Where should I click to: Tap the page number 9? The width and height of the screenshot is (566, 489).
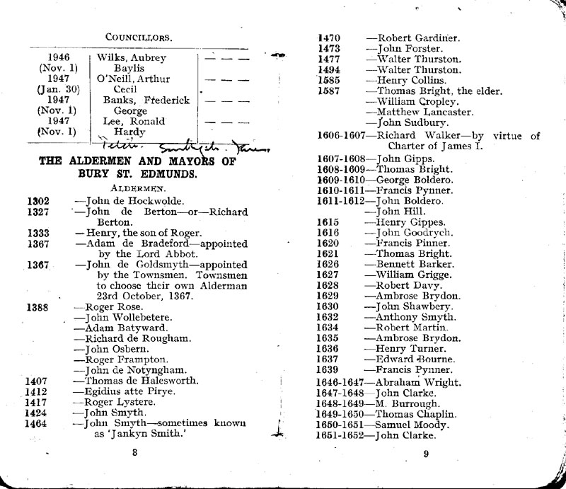point(426,455)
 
